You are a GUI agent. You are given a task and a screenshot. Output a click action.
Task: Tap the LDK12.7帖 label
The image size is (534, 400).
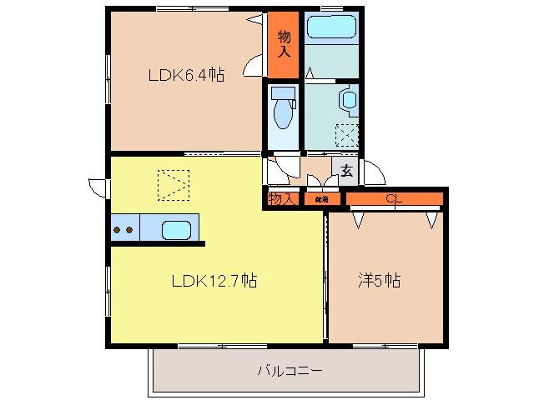pos(214,281)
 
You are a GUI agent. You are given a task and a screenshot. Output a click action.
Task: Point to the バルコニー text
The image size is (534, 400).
pos(289,371)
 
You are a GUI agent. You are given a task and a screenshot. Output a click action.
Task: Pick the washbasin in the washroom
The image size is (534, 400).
pos(348,101)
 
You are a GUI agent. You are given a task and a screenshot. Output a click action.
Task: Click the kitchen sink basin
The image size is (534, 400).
pos(176,229)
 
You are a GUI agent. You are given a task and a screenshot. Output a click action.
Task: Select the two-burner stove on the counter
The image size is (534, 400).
pos(124,229)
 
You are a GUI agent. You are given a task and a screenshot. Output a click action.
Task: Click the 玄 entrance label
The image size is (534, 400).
pos(346,172)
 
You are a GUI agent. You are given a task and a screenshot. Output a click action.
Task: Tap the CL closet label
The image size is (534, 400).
pos(392,198)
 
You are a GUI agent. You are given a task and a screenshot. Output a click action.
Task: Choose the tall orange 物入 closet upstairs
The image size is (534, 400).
pos(284,43)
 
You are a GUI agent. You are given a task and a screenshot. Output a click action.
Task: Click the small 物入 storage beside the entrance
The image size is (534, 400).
pos(282,198)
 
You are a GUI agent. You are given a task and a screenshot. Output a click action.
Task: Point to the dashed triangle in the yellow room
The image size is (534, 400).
pos(174,185)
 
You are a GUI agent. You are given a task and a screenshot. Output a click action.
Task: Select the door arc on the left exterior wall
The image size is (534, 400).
pos(98,188)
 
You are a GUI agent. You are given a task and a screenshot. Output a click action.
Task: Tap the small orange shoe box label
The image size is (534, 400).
pos(321,199)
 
